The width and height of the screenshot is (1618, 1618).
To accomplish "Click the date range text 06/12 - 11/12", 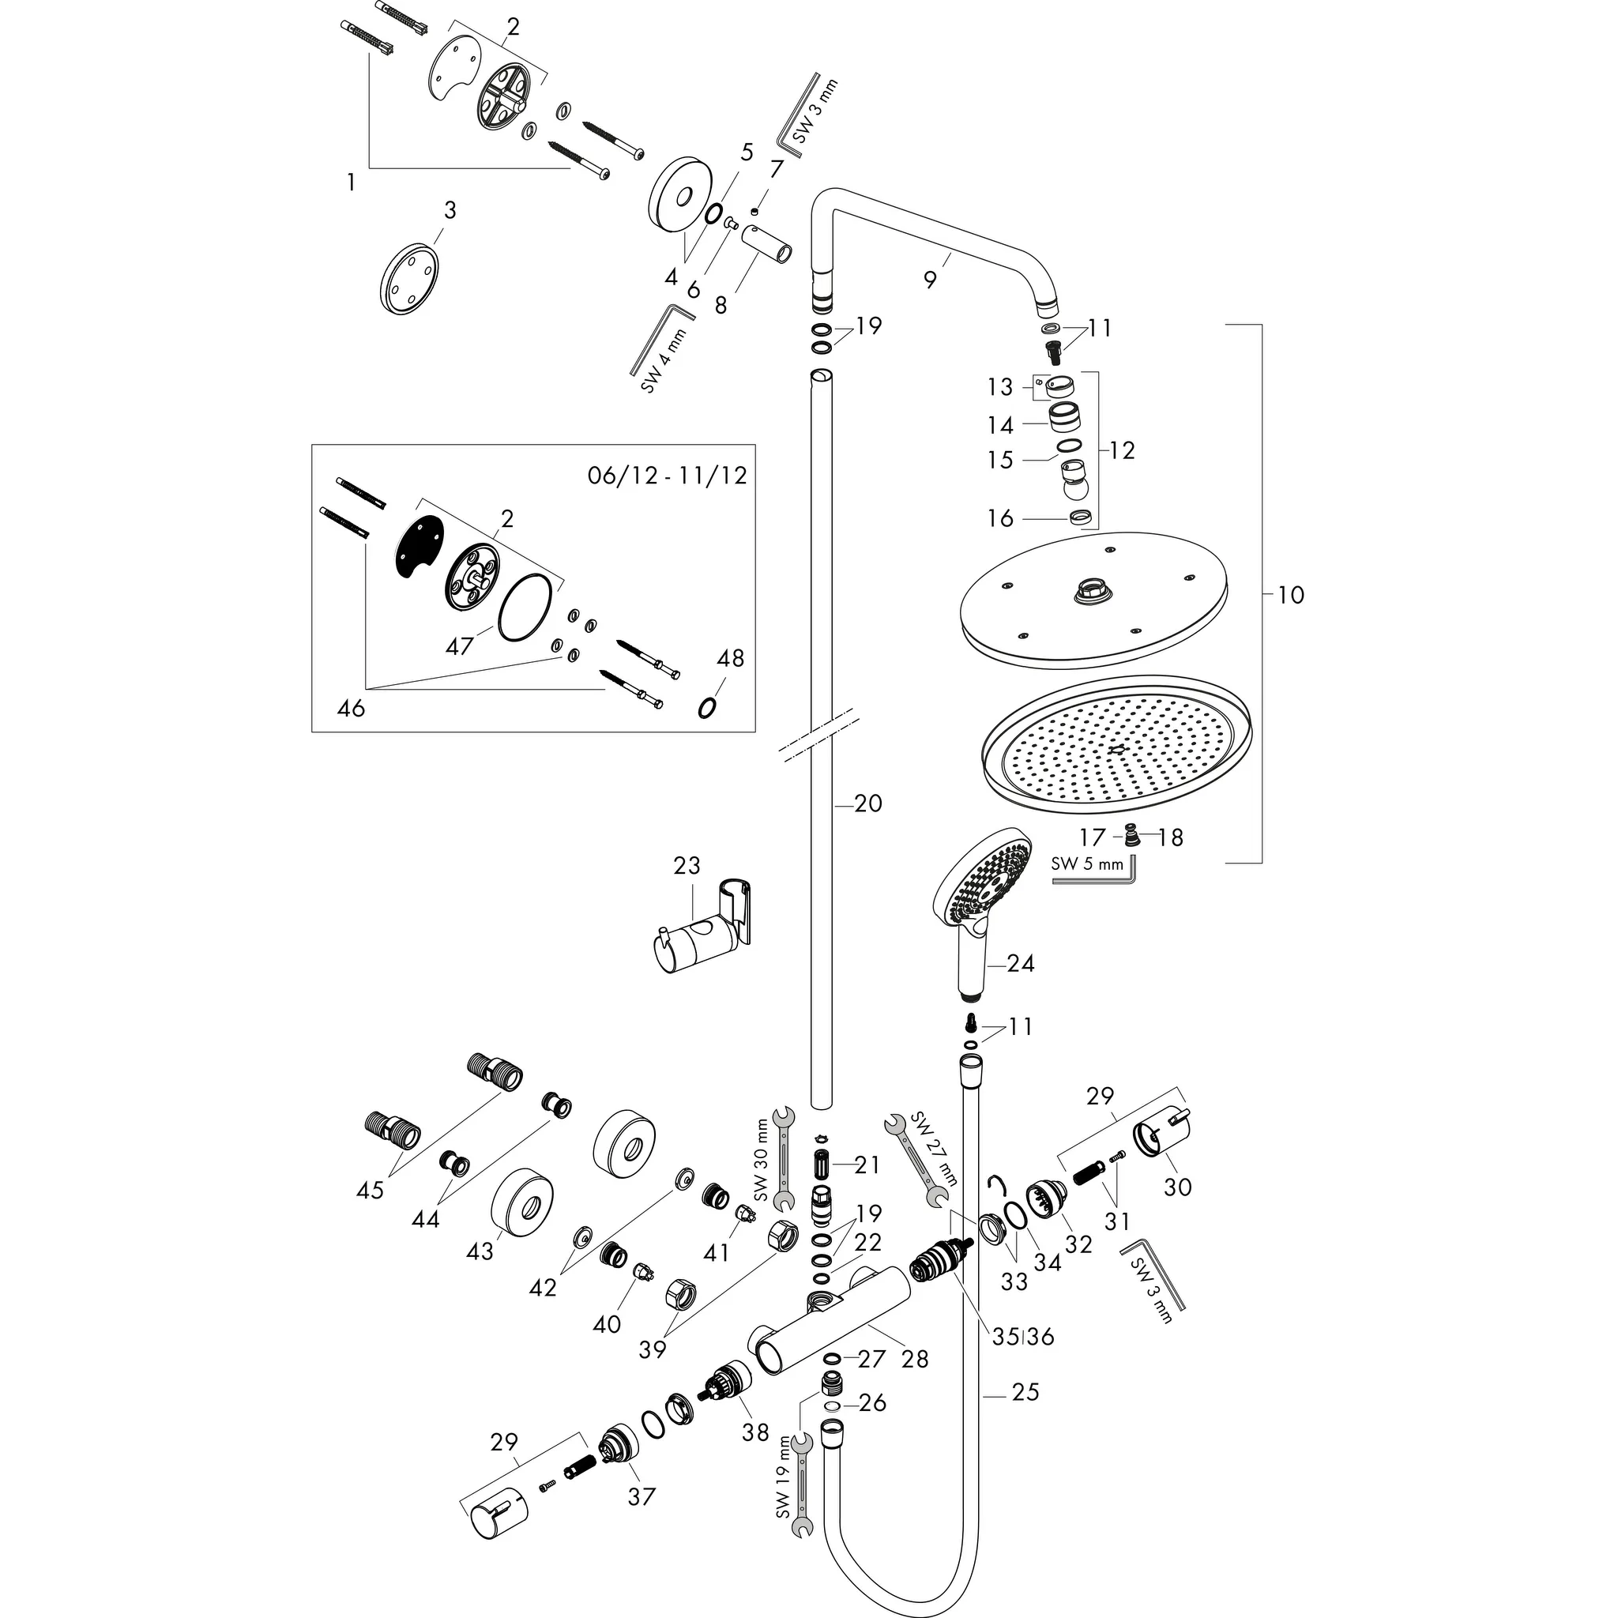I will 667,476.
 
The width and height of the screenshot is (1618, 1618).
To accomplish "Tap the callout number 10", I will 1291,595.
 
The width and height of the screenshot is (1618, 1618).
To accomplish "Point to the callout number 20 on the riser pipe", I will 868,804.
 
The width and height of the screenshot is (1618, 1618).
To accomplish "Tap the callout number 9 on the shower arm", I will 931,280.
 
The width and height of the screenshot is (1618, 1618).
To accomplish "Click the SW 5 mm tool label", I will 1087,864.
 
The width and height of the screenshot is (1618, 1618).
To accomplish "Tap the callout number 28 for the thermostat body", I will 916,1358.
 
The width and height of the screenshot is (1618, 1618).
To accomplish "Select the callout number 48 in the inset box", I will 730,658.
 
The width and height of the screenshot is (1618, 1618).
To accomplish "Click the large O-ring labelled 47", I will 526,608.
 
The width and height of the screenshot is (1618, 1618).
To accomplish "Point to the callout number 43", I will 480,1251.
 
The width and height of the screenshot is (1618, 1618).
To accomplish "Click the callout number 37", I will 641,1496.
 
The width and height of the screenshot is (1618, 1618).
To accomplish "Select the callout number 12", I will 1122,450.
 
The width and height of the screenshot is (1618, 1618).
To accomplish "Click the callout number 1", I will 351,182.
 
